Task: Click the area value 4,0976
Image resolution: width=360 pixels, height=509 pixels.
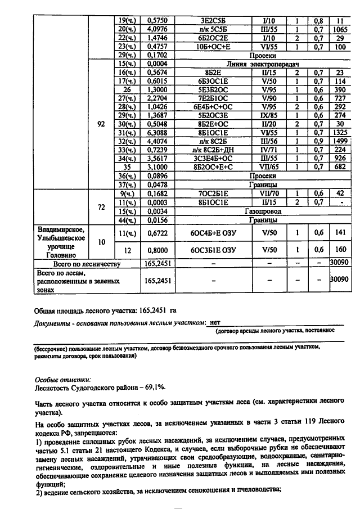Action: click(157, 28)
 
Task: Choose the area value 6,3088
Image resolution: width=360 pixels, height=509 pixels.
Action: click(157, 149)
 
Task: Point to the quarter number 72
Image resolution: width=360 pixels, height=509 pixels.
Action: click(101, 207)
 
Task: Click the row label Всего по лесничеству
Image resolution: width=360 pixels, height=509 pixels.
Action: click(87, 263)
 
